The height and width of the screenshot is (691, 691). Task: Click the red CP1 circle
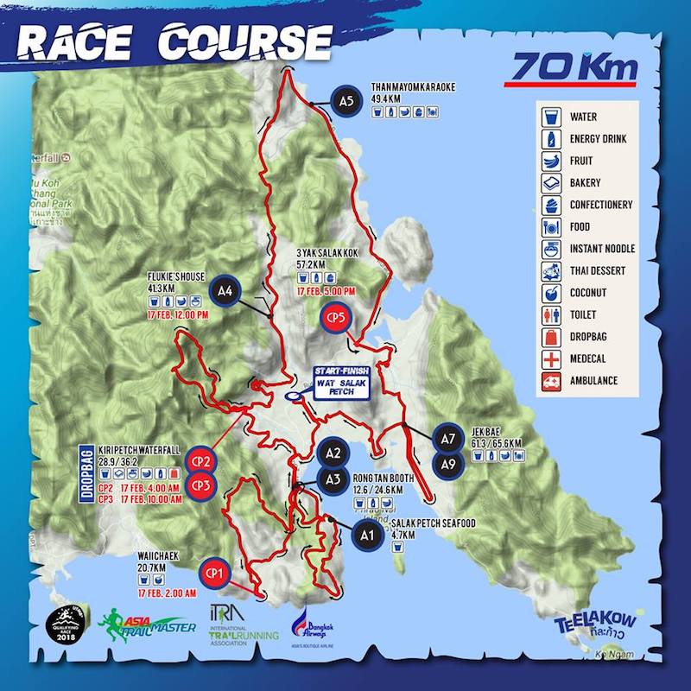tap(214, 572)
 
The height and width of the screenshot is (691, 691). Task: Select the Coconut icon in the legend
tap(550, 293)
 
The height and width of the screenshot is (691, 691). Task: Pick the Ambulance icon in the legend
tap(550, 381)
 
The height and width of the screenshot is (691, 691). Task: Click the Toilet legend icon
tap(550, 315)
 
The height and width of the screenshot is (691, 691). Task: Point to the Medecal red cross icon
tap(550, 358)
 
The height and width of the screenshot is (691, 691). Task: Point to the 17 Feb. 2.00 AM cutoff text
tap(168, 594)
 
